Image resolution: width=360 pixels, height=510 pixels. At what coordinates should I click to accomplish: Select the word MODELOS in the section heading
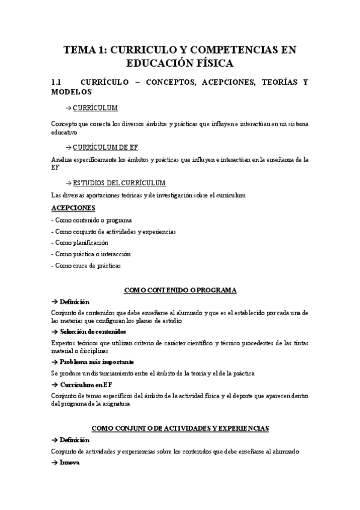click(72, 92)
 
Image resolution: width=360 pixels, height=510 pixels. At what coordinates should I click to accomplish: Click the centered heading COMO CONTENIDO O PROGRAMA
click(180, 290)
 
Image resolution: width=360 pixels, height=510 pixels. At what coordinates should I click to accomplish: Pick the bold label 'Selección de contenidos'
click(93, 331)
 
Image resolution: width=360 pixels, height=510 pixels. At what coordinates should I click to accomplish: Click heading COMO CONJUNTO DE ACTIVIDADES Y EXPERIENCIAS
click(180, 428)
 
